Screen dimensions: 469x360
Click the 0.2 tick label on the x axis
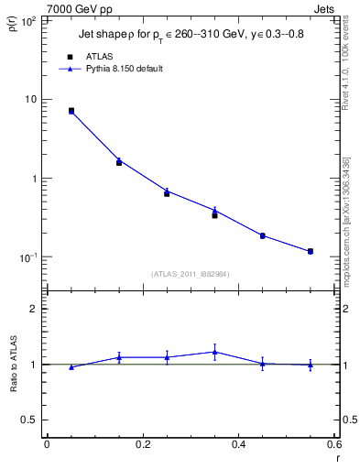pos(142,445)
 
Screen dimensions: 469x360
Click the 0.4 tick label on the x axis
pos(238,445)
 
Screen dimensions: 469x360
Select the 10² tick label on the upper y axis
pos(27,20)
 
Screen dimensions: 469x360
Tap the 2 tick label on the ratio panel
pos(34,310)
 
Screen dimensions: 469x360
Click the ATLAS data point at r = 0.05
pos(71,110)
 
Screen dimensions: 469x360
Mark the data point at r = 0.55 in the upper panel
pos(311,251)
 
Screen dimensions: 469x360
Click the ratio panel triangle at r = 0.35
pos(214,352)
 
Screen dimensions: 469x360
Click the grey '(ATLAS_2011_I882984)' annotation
pos(191,273)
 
